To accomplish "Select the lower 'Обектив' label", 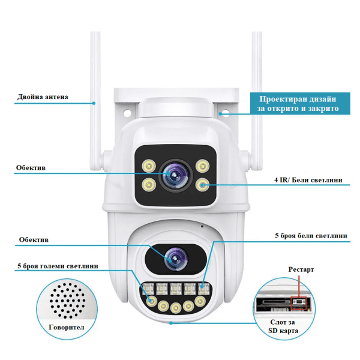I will (x=31, y=239).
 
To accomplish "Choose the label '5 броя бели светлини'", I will (x=310, y=236).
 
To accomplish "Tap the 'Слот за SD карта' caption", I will (x=282, y=326).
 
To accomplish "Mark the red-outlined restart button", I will (x=298, y=302).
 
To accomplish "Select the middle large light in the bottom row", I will (x=175, y=307).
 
